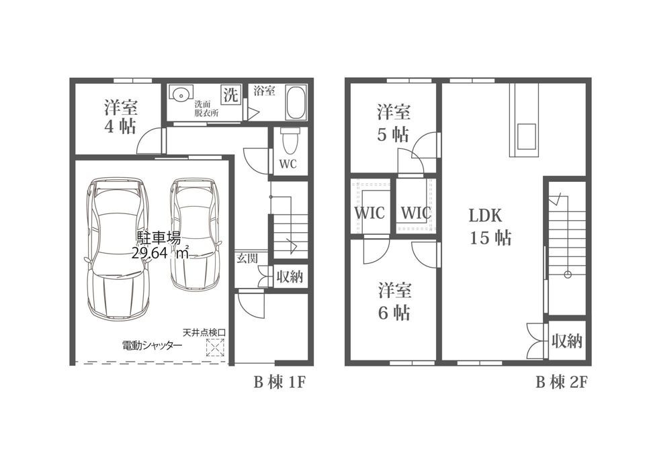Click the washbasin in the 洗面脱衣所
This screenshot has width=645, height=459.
180,94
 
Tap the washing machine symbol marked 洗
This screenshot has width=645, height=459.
230,95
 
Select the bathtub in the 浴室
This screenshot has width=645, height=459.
296,102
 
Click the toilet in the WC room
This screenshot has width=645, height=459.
288,141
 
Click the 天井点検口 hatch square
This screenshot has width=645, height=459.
215,347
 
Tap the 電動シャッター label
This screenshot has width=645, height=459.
153,346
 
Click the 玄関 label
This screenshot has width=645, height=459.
247,258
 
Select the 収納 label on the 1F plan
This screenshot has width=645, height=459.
290,276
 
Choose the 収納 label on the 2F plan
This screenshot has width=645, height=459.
566,341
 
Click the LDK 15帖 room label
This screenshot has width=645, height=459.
490,226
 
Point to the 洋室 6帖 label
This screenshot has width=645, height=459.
394,301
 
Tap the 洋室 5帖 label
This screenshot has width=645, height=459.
393,123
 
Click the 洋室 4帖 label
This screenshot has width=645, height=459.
120,117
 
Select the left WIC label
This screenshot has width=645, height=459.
370,213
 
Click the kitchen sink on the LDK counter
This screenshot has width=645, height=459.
526,136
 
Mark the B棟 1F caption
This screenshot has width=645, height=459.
279,383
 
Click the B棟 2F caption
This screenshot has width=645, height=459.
561,382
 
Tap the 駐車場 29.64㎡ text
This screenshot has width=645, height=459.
161,246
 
